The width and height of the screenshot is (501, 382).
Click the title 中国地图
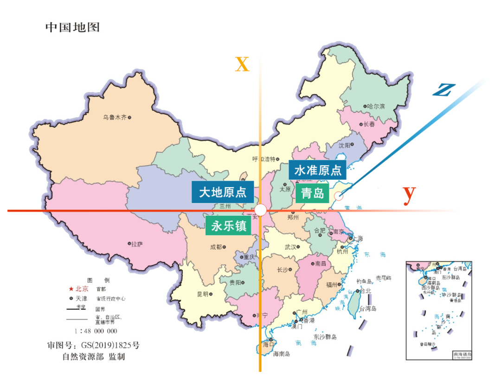[x=72, y=27]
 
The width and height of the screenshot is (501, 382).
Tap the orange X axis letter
[x=242, y=64]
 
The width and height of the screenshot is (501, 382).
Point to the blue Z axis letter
[x=443, y=90]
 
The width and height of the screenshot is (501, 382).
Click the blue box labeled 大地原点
[x=223, y=192]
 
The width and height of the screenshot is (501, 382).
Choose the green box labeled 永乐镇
[x=228, y=226]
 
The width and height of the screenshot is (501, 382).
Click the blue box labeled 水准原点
[x=317, y=170]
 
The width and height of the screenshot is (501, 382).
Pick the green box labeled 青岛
[x=312, y=194]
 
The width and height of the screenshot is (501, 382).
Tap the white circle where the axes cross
[x=261, y=210]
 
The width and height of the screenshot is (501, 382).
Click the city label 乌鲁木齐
[x=115, y=118]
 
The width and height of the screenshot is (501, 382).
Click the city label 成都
[x=216, y=247]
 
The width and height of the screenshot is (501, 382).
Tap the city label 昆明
[x=203, y=294]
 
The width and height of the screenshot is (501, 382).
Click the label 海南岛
[x=281, y=354]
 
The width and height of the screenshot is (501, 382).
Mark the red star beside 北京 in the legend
[x=71, y=288]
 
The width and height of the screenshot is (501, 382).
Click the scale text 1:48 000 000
[x=96, y=331]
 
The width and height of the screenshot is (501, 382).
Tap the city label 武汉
[x=290, y=247]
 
